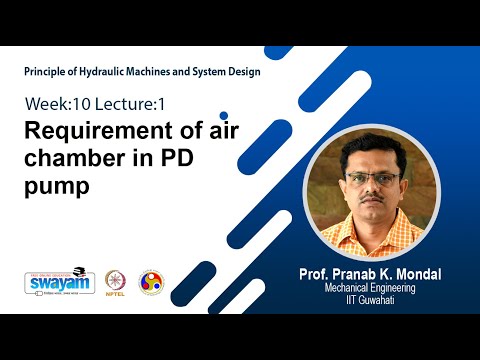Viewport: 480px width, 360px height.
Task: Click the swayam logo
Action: [x=59, y=283]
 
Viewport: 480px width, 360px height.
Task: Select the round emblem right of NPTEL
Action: [x=151, y=282]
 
